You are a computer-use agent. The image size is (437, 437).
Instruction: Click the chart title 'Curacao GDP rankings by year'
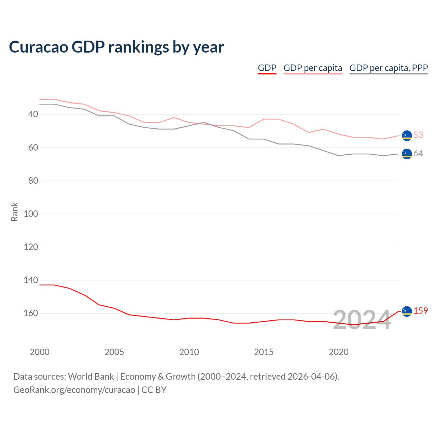116,47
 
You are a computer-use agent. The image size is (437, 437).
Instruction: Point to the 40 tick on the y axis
33,114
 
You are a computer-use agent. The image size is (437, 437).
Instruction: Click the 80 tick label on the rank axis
33,181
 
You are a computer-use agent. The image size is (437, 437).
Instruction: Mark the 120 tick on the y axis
31,247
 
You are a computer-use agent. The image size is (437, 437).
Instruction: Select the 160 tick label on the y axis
31,313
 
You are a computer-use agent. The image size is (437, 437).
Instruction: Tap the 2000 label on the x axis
40,352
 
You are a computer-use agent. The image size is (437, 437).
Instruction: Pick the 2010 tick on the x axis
189,352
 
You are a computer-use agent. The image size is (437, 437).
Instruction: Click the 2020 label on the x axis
339,352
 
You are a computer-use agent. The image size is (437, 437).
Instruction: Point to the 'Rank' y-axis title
14,212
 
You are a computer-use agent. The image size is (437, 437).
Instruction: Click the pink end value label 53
418,135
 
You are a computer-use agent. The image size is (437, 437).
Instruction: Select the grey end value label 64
418,154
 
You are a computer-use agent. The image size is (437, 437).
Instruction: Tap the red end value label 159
421,311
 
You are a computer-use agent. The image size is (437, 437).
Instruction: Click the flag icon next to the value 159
407,311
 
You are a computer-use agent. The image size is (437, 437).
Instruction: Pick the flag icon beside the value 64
407,154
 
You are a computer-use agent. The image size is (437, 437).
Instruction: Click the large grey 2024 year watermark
362,320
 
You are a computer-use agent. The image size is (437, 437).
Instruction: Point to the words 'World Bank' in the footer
91,377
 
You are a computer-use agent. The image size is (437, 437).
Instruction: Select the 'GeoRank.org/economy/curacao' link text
74,390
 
